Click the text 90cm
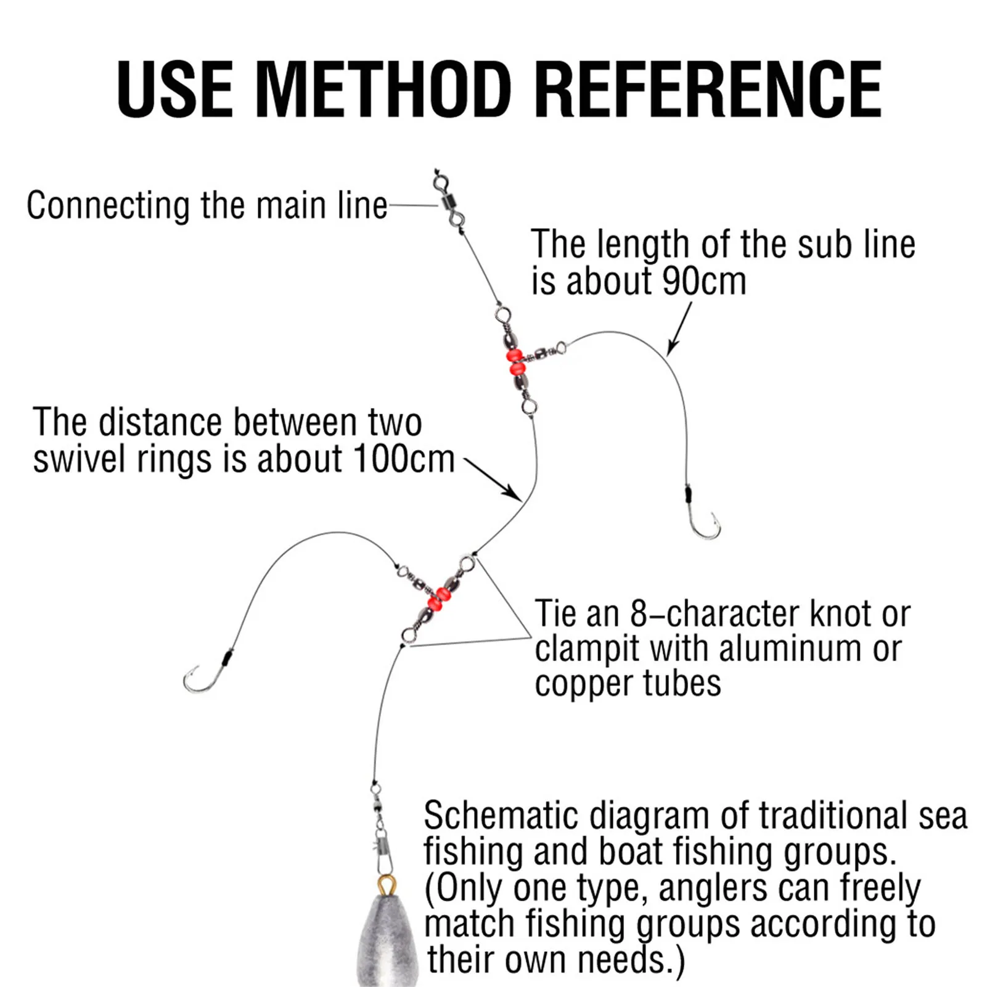click(x=703, y=282)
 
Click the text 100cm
click(x=404, y=459)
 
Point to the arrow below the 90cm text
click(x=679, y=330)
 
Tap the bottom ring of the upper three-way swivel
click(x=527, y=406)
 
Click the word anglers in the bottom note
click(x=713, y=888)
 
